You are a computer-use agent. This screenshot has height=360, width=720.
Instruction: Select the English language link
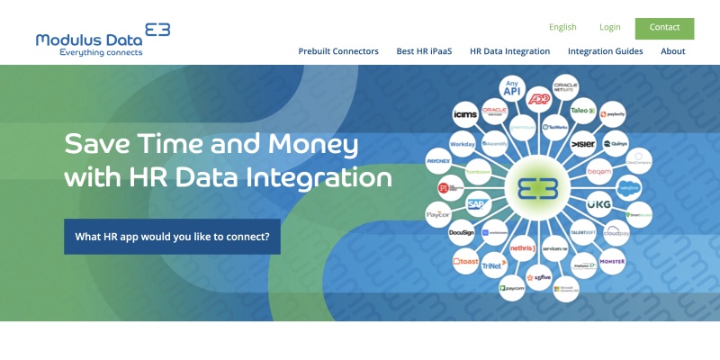point(562,28)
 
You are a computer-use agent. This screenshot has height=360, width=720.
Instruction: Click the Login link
point(610,28)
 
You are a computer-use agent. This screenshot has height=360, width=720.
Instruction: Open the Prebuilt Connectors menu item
point(338,51)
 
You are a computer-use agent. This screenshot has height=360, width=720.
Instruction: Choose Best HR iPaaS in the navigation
point(424,51)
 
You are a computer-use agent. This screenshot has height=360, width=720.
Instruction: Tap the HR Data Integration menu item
point(509,51)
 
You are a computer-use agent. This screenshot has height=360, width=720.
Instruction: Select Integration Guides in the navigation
point(605,51)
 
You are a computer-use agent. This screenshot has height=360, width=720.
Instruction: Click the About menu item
point(673,51)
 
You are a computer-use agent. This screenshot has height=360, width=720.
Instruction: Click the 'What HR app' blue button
point(172,237)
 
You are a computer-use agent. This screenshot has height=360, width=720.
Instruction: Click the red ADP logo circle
point(539,98)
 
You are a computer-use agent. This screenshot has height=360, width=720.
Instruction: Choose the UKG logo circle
point(598,204)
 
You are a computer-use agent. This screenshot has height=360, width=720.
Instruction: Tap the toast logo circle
point(465,262)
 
